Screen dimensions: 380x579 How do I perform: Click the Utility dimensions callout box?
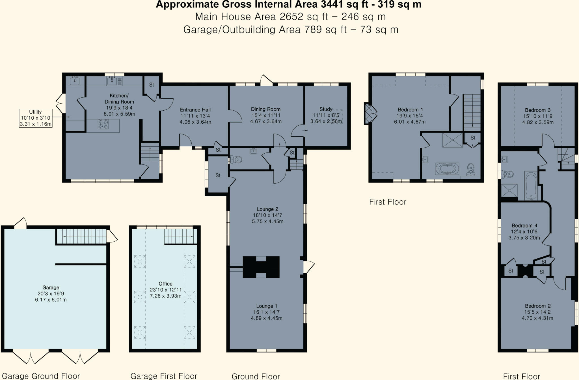(x=36, y=118)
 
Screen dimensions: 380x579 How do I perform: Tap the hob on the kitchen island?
(x=103, y=124)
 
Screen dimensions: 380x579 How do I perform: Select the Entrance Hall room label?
(x=195, y=110)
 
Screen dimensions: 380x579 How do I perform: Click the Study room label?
(x=326, y=109)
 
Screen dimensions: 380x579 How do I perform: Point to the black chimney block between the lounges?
(x=261, y=267)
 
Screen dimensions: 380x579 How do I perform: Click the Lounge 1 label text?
(x=267, y=306)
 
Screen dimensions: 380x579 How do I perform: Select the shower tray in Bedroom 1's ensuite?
(x=452, y=140)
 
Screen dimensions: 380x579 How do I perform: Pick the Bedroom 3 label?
(x=537, y=110)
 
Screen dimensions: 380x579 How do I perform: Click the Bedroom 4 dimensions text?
(x=524, y=235)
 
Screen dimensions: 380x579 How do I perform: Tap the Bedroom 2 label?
(x=537, y=306)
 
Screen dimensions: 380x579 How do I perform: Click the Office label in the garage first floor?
(x=165, y=284)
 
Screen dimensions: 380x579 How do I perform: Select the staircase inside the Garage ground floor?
(x=81, y=236)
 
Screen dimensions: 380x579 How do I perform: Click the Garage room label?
(x=51, y=287)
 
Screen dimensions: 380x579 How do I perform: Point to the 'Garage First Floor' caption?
(x=163, y=376)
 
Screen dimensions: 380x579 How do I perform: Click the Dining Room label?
(x=265, y=109)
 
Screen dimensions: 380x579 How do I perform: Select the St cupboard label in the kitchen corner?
(x=152, y=85)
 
